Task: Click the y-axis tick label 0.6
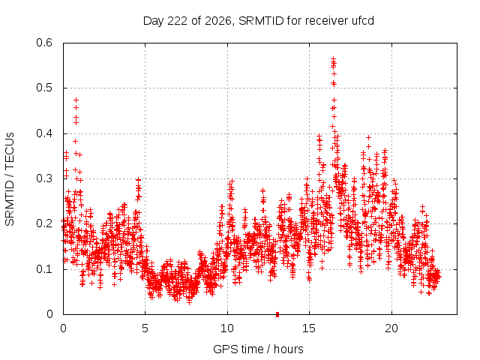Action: click(x=44, y=43)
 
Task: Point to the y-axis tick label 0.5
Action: click(x=44, y=88)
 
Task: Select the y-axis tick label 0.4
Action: click(x=44, y=133)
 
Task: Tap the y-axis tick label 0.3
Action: click(x=44, y=178)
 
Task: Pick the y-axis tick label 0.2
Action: click(x=44, y=223)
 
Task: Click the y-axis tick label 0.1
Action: click(x=44, y=269)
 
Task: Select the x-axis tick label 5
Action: click(x=145, y=328)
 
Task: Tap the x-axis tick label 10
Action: click(x=226, y=328)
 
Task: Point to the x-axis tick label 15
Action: click(x=309, y=328)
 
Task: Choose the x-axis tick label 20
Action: click(x=391, y=328)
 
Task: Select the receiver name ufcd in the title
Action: click(x=363, y=21)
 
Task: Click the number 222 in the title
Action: click(x=178, y=21)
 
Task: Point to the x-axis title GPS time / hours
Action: click(x=258, y=349)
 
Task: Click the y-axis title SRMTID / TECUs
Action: click(x=10, y=179)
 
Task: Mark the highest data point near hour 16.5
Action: click(x=333, y=58)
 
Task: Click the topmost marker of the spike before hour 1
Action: click(x=76, y=100)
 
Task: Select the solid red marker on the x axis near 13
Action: click(x=277, y=314)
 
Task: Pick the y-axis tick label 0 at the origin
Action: click(x=49, y=314)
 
